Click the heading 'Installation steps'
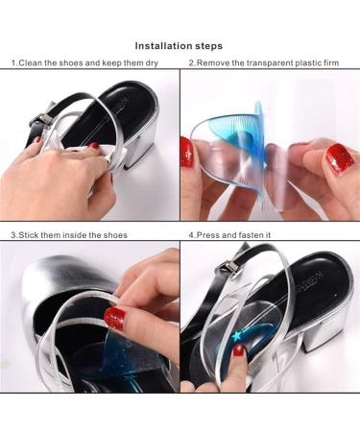coord(179,46)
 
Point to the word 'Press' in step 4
coord(207,235)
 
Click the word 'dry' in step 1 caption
coord(152,63)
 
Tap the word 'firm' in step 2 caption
coord(331,63)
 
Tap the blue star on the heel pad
coord(237,336)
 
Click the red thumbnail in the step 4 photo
coord(239,350)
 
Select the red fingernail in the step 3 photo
coord(114,318)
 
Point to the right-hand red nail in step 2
coord(340,158)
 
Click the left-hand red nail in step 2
coord(187,153)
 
